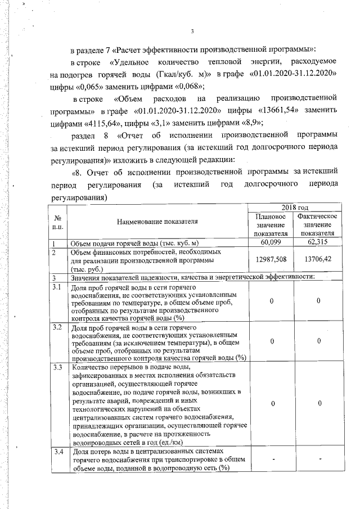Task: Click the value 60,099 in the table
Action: coord(271,242)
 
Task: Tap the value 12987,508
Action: coord(271,260)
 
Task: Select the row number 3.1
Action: coord(56,287)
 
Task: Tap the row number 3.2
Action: coord(56,327)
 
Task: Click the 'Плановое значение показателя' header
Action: coord(271,225)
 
